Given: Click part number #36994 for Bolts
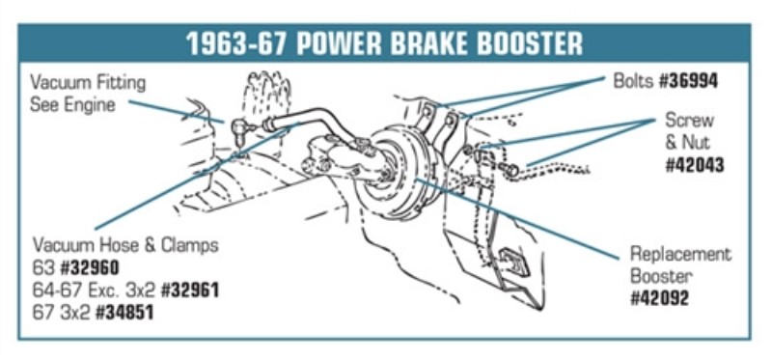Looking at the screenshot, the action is point(688,81).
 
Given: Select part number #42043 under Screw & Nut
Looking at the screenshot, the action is point(695,165).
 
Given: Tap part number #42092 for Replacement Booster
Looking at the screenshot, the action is point(660,298).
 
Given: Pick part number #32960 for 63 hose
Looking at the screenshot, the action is point(90,268).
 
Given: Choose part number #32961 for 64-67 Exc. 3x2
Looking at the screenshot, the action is point(190,291).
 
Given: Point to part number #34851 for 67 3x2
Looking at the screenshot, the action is point(124,313).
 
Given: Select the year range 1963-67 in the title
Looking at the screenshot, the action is point(238,43).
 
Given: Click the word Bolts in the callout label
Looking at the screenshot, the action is point(634,81).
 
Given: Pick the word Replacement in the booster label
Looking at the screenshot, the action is point(681,255).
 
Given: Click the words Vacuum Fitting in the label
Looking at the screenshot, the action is point(88,83).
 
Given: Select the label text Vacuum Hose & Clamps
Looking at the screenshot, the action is point(125,245).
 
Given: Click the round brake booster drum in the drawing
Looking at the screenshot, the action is point(389,173).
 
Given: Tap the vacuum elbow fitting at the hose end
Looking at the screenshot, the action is point(241,130).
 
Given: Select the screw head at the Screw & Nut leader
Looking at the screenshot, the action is point(510,170).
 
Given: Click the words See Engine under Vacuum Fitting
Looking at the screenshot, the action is point(73,105).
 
